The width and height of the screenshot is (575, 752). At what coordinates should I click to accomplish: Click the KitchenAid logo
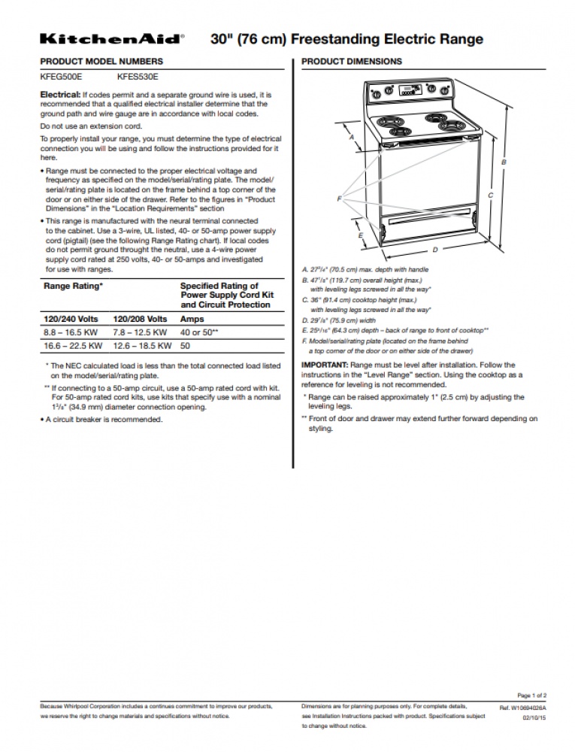112,38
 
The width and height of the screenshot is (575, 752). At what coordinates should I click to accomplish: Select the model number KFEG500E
61,77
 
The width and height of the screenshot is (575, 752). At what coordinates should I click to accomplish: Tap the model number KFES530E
138,77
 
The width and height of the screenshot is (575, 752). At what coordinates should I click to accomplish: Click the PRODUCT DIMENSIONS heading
351,61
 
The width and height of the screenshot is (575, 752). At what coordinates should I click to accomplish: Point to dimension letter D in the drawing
434,249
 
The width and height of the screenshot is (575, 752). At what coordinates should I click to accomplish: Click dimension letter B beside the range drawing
504,162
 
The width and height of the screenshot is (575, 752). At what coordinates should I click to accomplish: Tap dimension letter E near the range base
361,235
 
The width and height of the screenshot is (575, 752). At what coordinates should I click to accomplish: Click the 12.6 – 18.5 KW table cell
140,346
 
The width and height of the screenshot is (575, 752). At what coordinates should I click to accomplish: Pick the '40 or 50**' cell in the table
199,332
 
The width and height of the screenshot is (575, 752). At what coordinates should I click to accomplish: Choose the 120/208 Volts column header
140,319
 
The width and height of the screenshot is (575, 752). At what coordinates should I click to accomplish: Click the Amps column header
192,319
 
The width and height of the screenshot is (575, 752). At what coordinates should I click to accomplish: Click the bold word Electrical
60,95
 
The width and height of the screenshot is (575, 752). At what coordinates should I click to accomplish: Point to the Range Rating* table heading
73,287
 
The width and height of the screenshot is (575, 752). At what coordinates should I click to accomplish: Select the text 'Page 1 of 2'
531,696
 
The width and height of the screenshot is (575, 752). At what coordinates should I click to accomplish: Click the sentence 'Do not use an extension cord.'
91,126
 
